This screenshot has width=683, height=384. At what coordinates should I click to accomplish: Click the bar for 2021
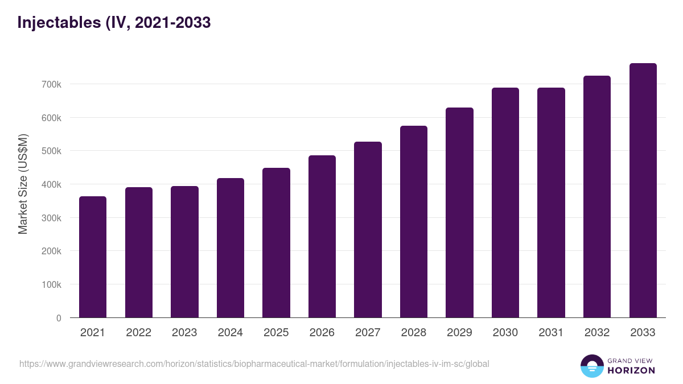(93, 257)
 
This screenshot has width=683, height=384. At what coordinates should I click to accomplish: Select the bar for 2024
(231, 248)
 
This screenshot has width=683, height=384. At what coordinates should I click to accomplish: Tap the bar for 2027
(368, 230)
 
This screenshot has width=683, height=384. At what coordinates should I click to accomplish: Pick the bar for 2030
(505, 203)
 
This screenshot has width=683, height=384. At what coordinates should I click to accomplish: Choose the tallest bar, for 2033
(643, 191)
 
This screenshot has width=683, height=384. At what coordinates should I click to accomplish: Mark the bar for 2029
(459, 213)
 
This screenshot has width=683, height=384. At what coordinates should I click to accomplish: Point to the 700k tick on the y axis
(51, 84)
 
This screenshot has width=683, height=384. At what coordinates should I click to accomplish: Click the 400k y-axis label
(51, 184)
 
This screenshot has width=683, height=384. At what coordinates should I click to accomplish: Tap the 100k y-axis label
(51, 284)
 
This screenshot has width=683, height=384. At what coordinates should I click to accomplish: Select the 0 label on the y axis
(58, 318)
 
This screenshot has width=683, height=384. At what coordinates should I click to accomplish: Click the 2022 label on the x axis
(139, 333)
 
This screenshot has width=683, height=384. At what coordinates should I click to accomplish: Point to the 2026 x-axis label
(322, 333)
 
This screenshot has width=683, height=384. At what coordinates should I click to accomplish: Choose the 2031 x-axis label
(551, 333)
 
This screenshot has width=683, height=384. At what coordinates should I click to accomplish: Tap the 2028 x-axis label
(414, 333)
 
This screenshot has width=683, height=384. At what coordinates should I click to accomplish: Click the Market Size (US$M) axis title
(23, 184)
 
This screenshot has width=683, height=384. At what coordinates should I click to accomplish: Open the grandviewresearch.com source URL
(254, 364)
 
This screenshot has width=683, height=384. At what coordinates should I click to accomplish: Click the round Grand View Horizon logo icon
(591, 366)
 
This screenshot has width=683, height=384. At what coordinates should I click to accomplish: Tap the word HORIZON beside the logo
(631, 370)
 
